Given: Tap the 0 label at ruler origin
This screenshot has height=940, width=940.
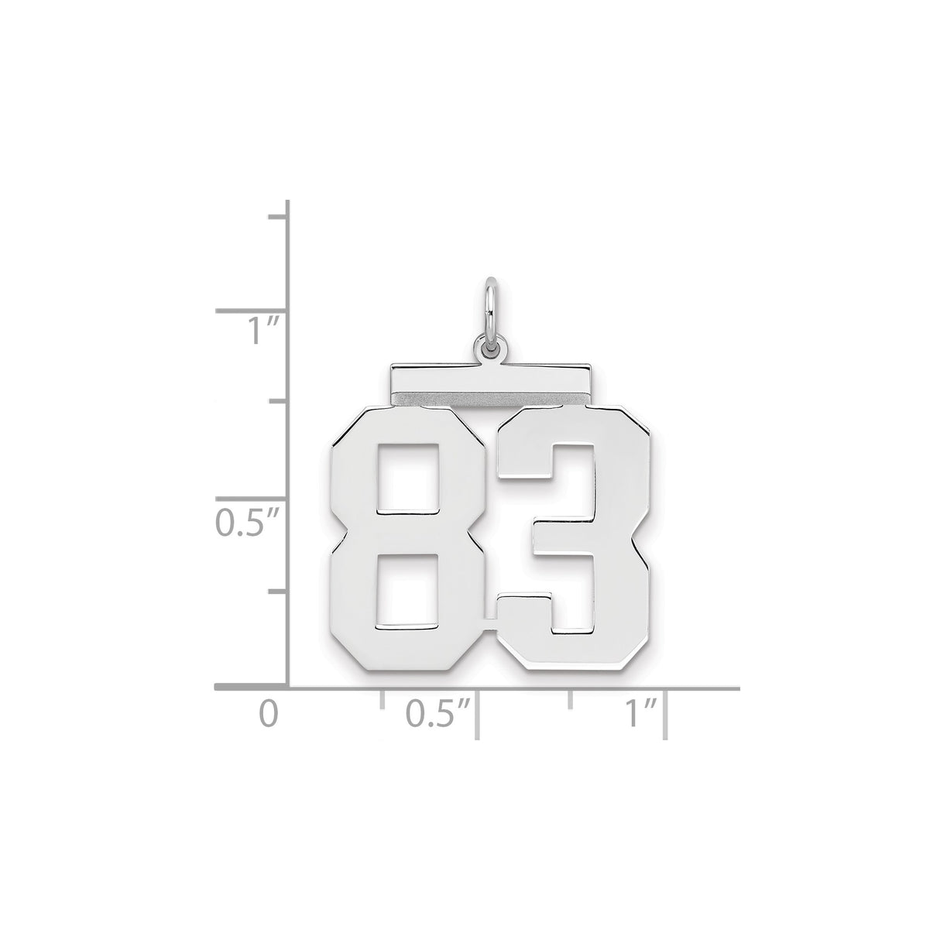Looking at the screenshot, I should point(268,713).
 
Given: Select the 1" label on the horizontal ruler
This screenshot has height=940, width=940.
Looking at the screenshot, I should point(642,713).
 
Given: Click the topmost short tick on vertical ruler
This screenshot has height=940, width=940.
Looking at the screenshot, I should point(278,218).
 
